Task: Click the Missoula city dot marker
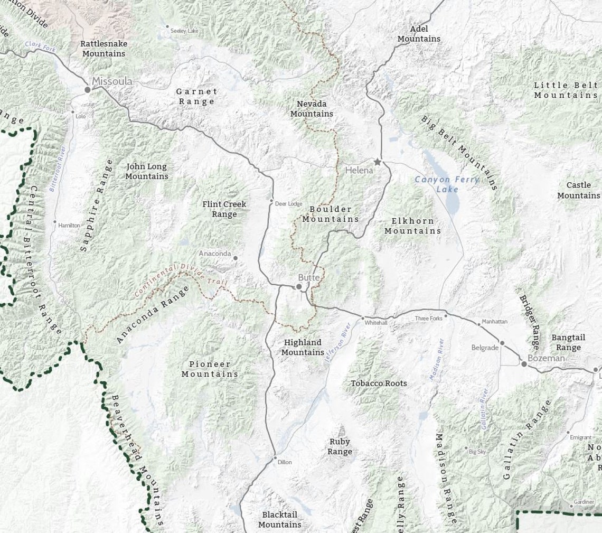(x=88, y=90)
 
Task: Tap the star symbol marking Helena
(x=377, y=162)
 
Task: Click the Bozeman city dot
(x=524, y=364)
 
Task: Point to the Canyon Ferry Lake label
(x=447, y=184)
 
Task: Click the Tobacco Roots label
(x=379, y=383)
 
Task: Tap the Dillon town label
(x=285, y=462)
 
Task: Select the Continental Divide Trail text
(x=181, y=280)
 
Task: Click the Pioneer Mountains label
(x=210, y=369)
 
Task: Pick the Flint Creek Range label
(x=224, y=209)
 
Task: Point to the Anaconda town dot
(x=236, y=258)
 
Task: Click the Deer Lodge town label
(x=289, y=203)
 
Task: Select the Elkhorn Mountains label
(x=412, y=226)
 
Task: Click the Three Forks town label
(x=428, y=319)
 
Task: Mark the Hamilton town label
(x=69, y=226)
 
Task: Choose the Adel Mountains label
(x=419, y=34)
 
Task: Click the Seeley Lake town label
(x=184, y=31)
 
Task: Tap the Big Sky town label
(x=477, y=452)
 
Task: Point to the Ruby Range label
(x=339, y=446)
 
